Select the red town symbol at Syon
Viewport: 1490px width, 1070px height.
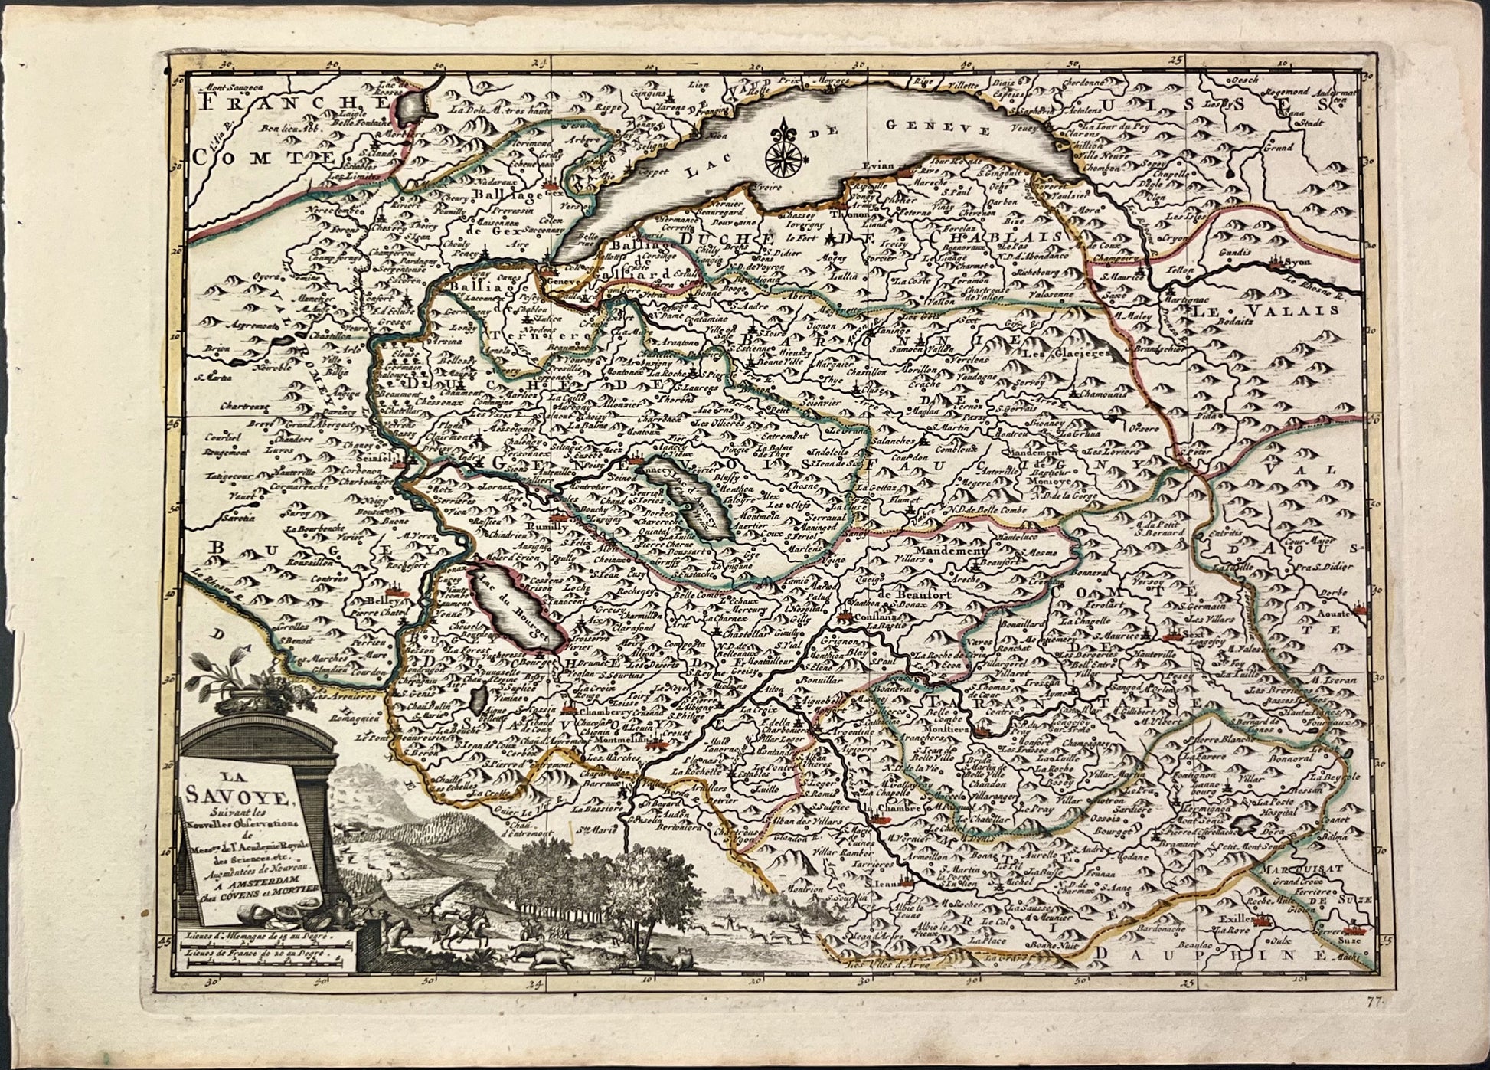[1276, 263]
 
